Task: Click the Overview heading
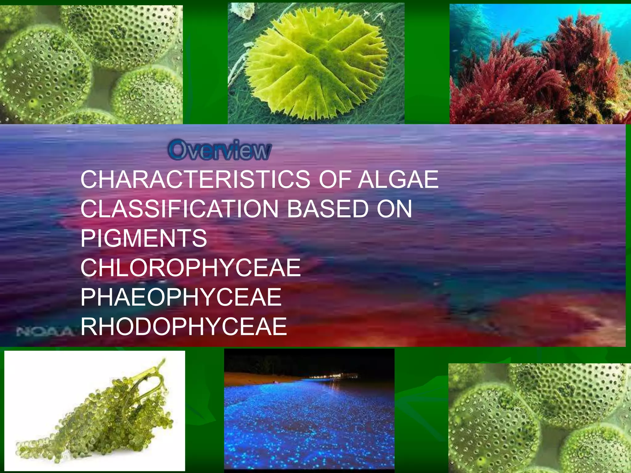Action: [220, 150]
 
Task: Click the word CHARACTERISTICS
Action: [195, 180]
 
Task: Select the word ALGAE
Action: [398, 180]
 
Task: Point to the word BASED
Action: [328, 209]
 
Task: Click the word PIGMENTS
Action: [144, 238]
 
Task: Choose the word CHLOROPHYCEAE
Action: [190, 268]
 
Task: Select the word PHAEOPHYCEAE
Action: [181, 297]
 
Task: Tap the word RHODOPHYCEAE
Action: [184, 326]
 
